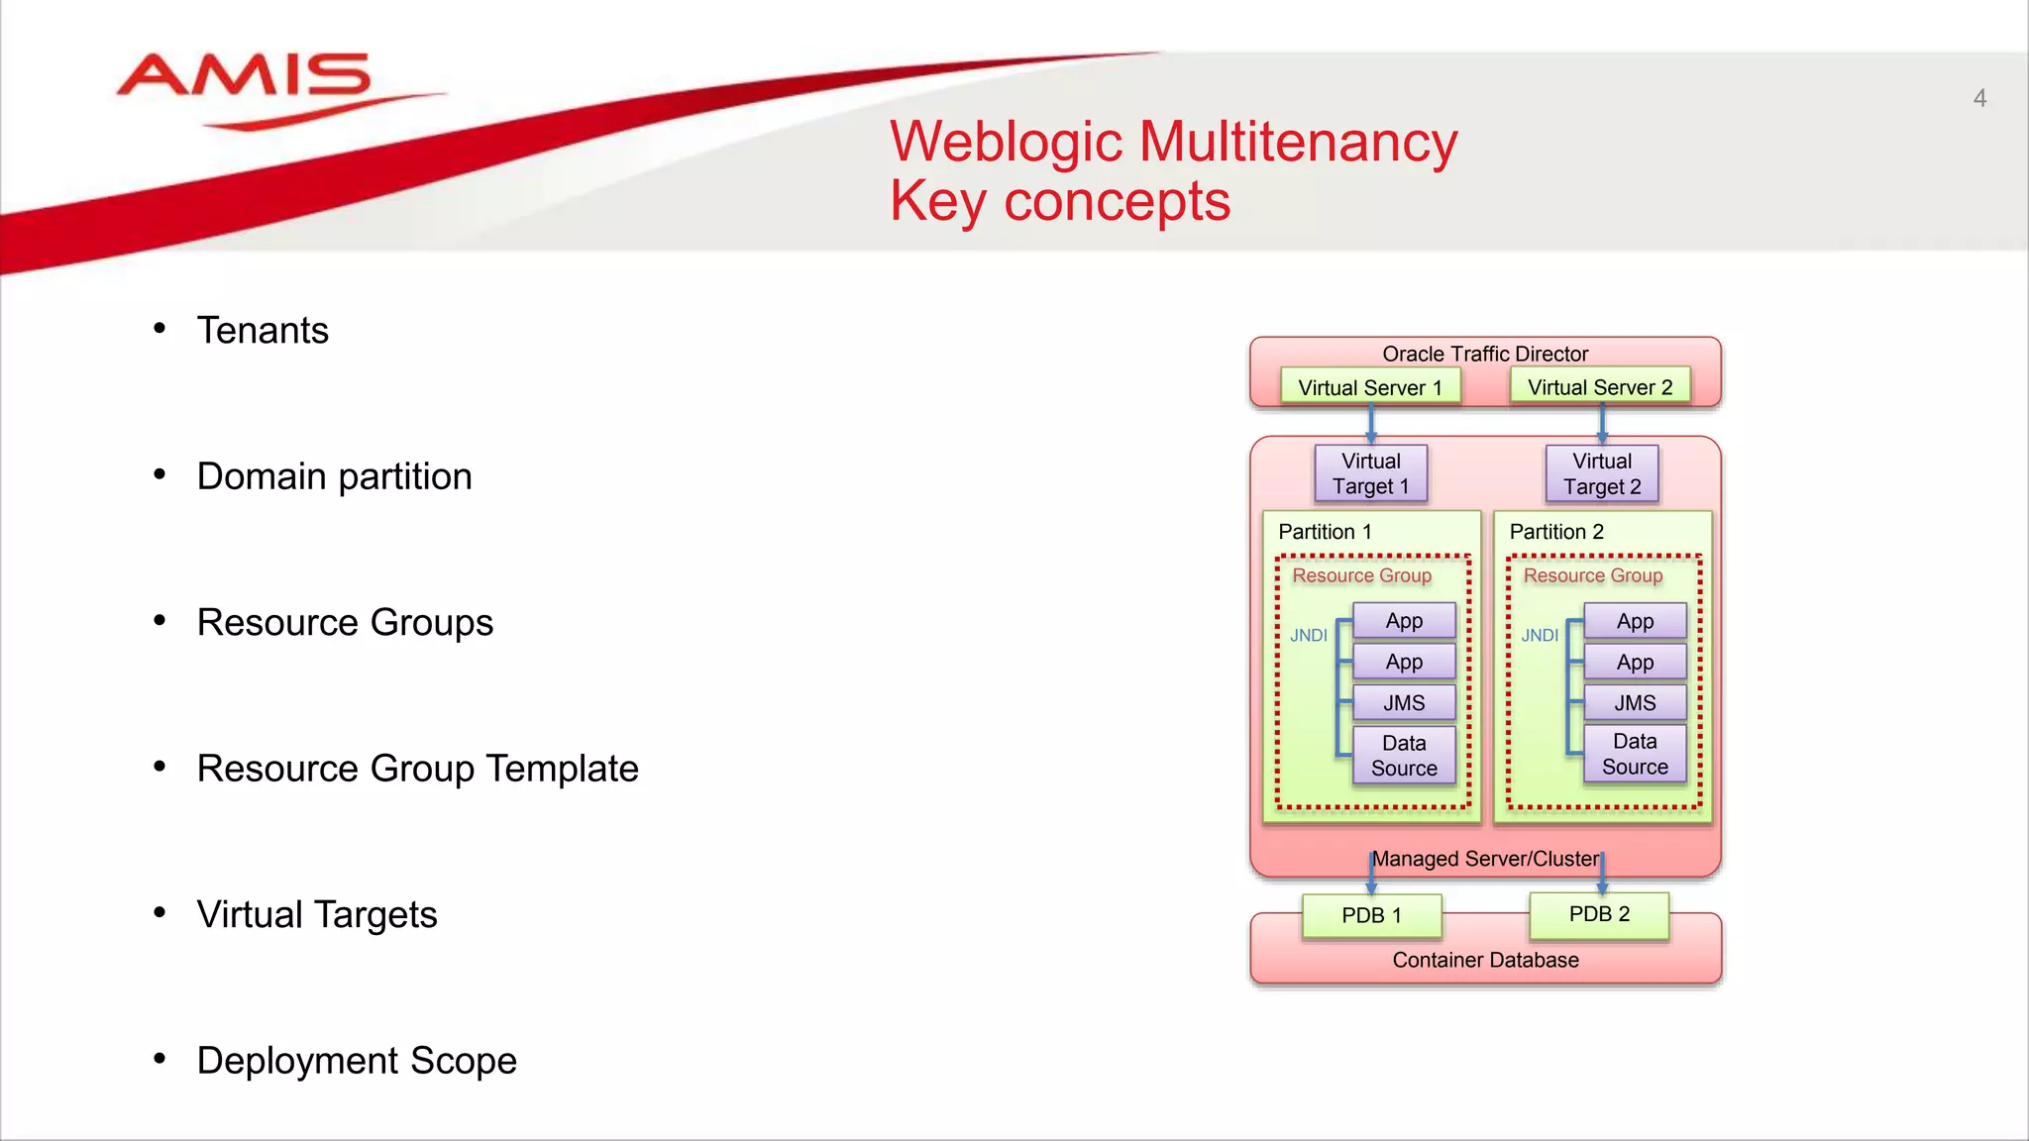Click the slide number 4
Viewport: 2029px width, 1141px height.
click(1978, 98)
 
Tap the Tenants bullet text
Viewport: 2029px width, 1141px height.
click(262, 331)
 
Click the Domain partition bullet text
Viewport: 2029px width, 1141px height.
click(334, 476)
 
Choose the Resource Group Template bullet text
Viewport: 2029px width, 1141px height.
click(417, 769)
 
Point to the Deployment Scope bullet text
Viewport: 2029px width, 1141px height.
click(357, 1061)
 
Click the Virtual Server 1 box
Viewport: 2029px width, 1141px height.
click(1369, 387)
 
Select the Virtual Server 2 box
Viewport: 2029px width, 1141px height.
click(1599, 386)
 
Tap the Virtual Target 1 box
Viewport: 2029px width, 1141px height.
click(1370, 473)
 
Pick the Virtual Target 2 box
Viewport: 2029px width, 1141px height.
click(1601, 473)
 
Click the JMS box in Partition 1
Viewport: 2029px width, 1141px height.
click(1404, 703)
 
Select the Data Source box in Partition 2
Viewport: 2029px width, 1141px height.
click(1634, 755)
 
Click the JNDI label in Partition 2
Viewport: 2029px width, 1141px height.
click(1539, 636)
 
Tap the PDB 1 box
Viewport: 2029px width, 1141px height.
click(1370, 915)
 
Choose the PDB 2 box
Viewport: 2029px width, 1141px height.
click(1598, 914)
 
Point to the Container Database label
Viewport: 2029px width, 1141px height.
click(1484, 960)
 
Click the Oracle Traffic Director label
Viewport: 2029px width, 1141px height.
click(1484, 354)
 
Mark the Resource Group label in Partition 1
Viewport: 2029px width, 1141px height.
click(1361, 575)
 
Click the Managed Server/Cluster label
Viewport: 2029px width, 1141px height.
click(1484, 859)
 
